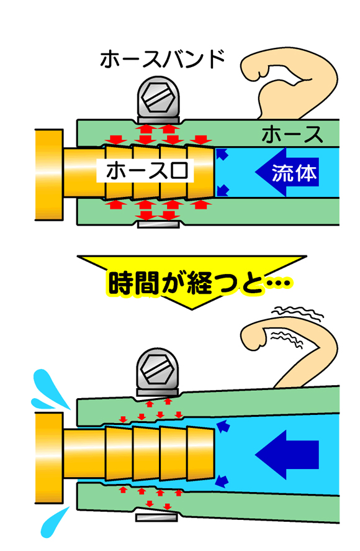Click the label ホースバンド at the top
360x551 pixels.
[x=162, y=59]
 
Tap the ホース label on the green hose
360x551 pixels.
[x=292, y=134]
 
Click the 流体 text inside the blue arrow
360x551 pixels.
[x=294, y=173]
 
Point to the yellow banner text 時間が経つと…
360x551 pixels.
[x=199, y=282]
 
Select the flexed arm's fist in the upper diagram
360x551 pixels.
[x=254, y=67]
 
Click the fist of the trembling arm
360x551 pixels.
[x=254, y=337]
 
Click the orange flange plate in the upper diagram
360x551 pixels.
[x=49, y=175]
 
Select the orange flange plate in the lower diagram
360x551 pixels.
[x=49, y=458]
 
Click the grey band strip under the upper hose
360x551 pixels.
[x=158, y=224]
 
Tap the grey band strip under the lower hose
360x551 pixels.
[x=156, y=517]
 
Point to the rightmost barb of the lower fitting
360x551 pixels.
[x=201, y=453]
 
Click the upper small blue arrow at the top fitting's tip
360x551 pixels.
[x=222, y=154]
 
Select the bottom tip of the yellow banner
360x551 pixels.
[x=192, y=309]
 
